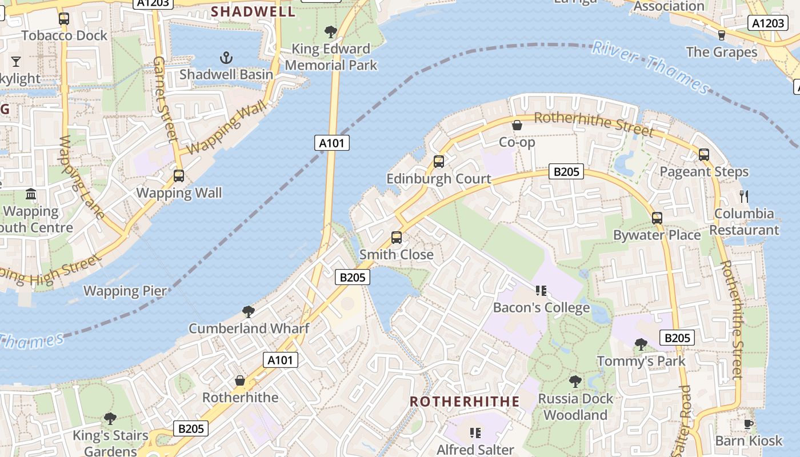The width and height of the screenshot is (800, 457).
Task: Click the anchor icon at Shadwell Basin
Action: pyautogui.click(x=227, y=58)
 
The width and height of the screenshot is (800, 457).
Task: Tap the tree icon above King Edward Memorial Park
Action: pyautogui.click(x=330, y=31)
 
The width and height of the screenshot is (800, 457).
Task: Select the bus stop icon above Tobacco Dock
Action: pyautogui.click(x=64, y=19)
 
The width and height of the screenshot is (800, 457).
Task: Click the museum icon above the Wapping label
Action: pyautogui.click(x=31, y=194)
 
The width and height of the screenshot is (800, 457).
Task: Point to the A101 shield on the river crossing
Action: pyautogui.click(x=331, y=143)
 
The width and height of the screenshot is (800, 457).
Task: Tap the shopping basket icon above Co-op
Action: pyautogui.click(x=517, y=125)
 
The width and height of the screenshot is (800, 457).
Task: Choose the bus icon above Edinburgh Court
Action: pyautogui.click(x=438, y=162)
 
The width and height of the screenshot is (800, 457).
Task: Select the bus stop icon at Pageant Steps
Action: pyautogui.click(x=703, y=155)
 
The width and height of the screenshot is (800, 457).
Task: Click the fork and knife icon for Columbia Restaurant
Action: pyautogui.click(x=743, y=197)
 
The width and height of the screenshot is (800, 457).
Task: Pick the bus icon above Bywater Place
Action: pyautogui.click(x=657, y=218)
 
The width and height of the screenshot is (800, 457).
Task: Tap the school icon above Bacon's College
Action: pyautogui.click(x=541, y=291)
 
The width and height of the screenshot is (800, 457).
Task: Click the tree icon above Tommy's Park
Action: pyautogui.click(x=641, y=344)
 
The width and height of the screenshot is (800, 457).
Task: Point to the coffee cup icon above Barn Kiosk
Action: pyautogui.click(x=748, y=424)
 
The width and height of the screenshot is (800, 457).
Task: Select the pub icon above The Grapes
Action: pyautogui.click(x=721, y=35)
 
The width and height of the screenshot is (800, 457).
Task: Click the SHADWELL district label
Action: pyautogui.click(x=253, y=11)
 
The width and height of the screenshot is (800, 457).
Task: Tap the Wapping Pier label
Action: pyautogui.click(x=125, y=291)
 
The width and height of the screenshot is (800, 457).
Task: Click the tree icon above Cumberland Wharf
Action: pyautogui.click(x=248, y=311)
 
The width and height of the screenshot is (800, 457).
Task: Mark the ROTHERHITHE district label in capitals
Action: pyautogui.click(x=465, y=401)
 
